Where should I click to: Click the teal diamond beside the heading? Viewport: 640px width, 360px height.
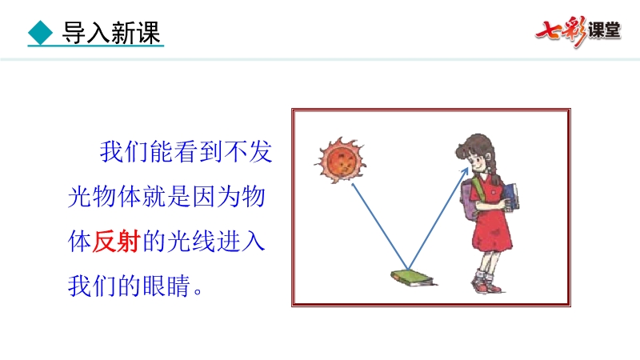pos(41,33)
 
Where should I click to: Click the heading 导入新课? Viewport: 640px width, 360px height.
pos(110,33)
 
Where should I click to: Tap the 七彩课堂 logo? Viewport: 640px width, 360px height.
pos(578,31)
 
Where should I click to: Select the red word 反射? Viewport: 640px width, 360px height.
pos(116,242)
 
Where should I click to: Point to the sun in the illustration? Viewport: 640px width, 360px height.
pos(341,161)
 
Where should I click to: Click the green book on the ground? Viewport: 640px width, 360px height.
pos(413,278)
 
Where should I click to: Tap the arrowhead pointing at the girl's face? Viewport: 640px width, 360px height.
pos(465,171)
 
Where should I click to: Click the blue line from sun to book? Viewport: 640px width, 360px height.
pos(380,226)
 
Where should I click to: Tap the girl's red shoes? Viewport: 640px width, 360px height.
pos(486,283)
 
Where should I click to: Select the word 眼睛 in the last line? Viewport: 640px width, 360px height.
pos(166,286)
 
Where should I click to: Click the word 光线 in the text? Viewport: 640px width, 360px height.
pos(191,242)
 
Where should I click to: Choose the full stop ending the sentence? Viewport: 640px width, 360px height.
pos(198,291)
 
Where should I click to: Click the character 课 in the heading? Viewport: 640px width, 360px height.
pos(148,33)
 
